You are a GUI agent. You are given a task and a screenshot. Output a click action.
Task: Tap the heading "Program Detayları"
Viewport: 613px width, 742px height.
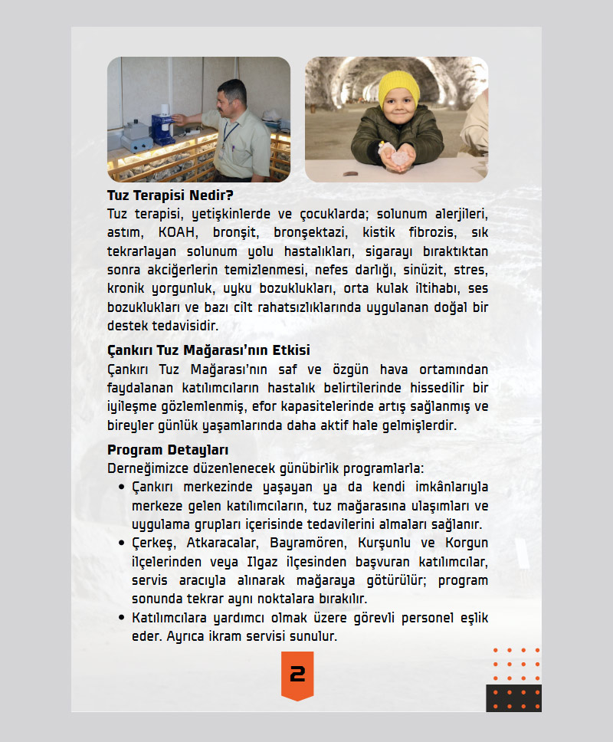coord(168,450)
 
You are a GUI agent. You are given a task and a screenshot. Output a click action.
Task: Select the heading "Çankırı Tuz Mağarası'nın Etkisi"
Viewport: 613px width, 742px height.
coord(208,350)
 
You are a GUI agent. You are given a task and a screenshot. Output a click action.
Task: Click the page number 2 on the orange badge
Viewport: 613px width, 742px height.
coord(297,675)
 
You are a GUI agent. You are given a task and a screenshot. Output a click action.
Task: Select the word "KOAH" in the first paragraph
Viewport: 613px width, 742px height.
coord(177,231)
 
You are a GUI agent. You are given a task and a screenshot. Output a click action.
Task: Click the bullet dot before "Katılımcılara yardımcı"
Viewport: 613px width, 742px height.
coord(122,618)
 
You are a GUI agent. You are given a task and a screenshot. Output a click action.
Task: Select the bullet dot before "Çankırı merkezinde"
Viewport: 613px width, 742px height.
coord(122,488)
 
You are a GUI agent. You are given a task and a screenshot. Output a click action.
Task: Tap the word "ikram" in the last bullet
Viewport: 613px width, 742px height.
coord(244,637)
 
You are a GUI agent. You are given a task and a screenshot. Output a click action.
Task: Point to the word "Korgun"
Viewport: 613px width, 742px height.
coord(465,544)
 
